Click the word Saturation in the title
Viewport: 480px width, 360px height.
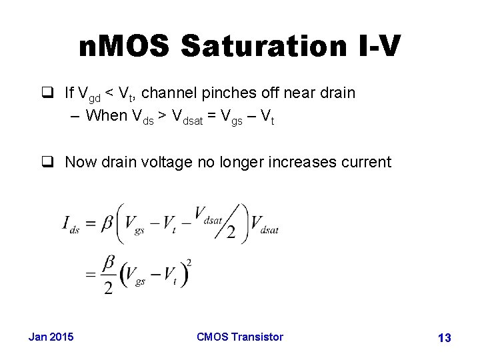[x=261, y=47]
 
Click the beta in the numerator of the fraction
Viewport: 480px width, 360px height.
[x=108, y=265]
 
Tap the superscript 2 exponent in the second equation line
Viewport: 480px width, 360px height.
[x=189, y=262]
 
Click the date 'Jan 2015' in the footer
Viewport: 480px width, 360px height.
[x=51, y=337]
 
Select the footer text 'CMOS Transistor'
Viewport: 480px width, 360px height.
[x=240, y=337]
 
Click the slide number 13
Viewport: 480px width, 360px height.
[x=444, y=338]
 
